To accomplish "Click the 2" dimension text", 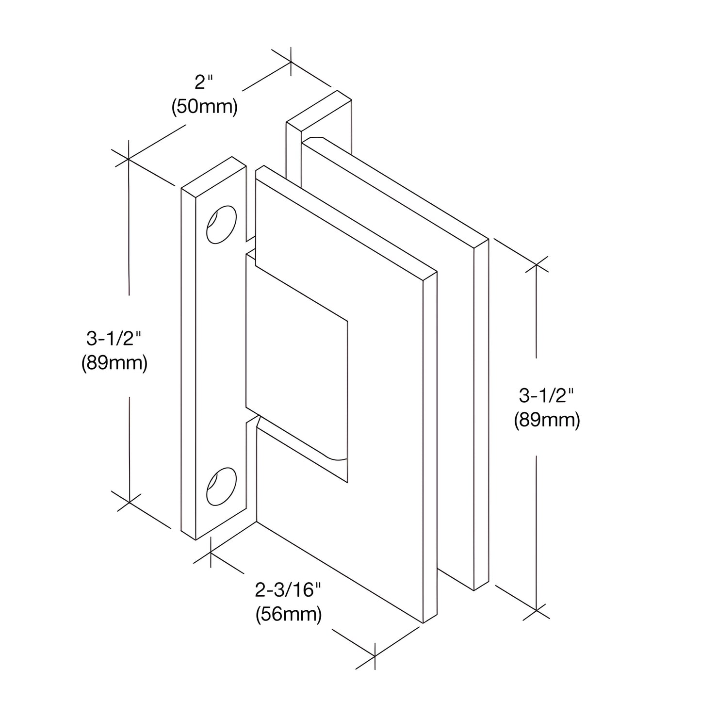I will pos(204,83).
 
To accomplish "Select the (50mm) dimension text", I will pos(204,107).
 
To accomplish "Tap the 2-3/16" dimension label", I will pos(288,590).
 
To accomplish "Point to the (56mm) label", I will pos(289,614).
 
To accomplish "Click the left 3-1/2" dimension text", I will pos(114,338).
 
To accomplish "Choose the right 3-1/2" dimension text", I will pos(547,396).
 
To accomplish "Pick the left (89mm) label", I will pos(114,362).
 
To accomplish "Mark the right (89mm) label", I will pos(547,420).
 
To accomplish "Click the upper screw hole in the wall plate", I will pos(221,225).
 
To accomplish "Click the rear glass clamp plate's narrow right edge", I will pos(481,415).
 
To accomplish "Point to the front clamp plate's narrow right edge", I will pos(430,446).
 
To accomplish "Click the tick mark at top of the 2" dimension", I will pos(291,62).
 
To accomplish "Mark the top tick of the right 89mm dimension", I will pos(536,265).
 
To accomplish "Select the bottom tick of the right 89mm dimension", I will pos(536,609).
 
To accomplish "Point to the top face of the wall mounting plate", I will pos(214,178).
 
